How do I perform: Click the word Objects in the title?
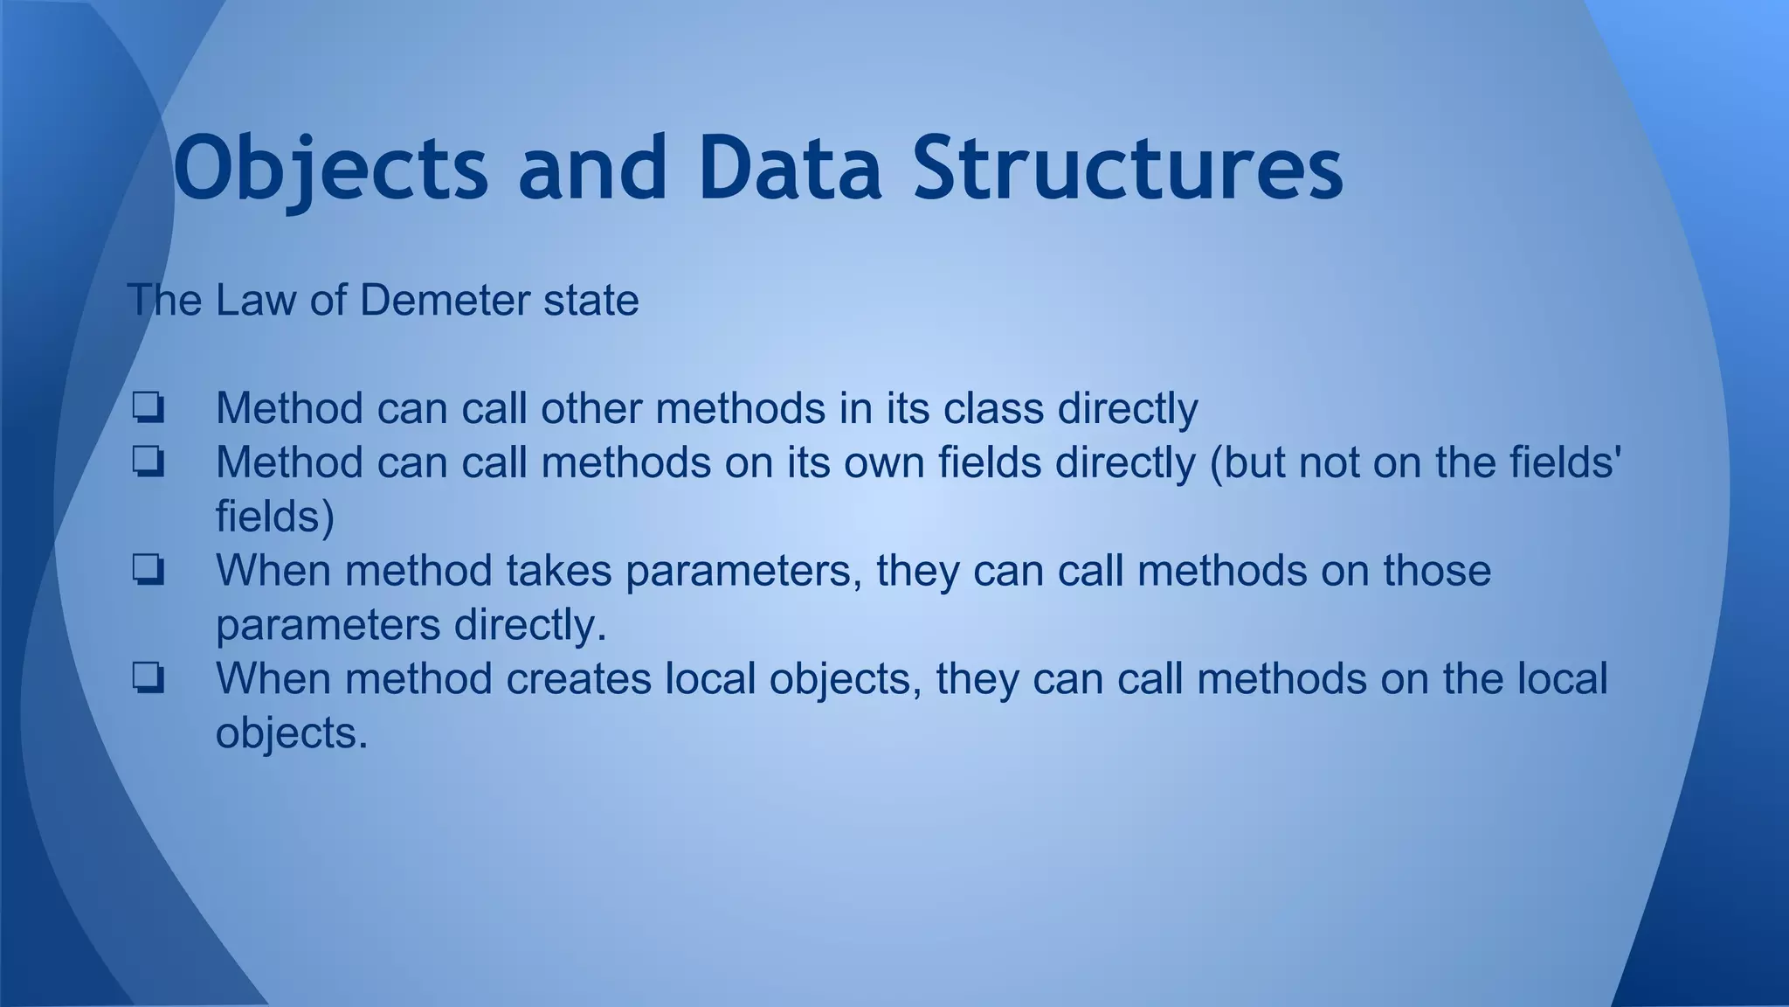click(x=330, y=168)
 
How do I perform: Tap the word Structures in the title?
click(x=1128, y=168)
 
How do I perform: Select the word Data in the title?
click(x=790, y=168)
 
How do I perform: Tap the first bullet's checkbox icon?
click(x=149, y=409)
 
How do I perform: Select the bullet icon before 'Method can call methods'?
click(x=149, y=463)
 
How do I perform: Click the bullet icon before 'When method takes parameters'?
click(x=149, y=572)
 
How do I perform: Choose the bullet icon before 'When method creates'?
click(x=149, y=679)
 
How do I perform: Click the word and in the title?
click(x=592, y=168)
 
